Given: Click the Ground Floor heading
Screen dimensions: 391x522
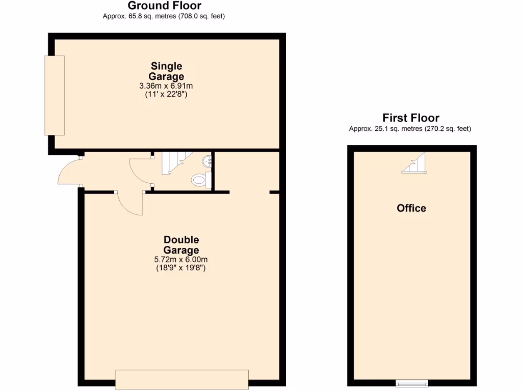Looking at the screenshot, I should (x=164, y=6).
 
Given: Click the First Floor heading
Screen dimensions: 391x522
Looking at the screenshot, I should (x=411, y=118).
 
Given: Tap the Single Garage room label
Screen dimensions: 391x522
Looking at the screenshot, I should (x=166, y=71).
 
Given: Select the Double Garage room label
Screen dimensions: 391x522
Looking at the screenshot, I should (x=181, y=245).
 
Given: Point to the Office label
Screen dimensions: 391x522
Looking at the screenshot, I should (x=411, y=208).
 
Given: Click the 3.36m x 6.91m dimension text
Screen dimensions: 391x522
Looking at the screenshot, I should (x=166, y=86).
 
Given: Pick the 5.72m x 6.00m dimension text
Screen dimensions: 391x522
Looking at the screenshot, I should (x=181, y=259).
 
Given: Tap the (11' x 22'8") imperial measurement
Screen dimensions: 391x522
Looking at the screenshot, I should (x=166, y=94).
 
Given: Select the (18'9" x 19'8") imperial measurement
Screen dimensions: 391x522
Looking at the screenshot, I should (x=181, y=268).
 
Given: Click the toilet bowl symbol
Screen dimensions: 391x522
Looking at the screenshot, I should (x=199, y=180).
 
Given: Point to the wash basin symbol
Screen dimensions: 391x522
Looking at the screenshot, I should (x=207, y=161).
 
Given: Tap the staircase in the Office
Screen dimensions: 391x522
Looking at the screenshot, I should (x=414, y=163).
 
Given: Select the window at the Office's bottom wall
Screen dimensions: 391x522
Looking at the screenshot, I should (x=412, y=383).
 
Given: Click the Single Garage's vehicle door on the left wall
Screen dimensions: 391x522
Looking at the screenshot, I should (x=55, y=95).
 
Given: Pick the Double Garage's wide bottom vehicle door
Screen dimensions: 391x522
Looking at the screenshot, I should (x=181, y=380).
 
